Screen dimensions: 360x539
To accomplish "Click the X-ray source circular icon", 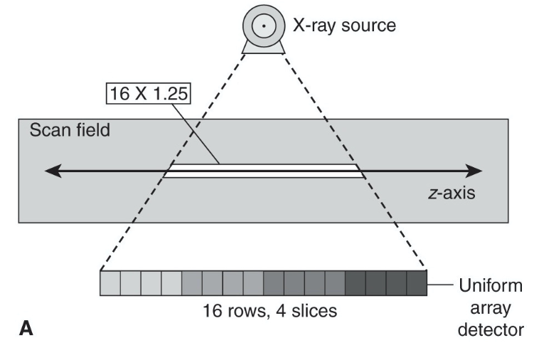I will tap(263, 26).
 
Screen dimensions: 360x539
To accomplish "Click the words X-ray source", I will tap(344, 26).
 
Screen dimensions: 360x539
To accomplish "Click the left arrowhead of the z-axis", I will tap(50, 171).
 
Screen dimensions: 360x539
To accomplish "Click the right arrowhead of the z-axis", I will tap(476, 171).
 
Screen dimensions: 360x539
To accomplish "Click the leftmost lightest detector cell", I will tap(110, 284).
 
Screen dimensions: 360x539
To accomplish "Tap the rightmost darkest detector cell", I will tap(417, 284).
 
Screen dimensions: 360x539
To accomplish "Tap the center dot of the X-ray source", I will tap(263, 26).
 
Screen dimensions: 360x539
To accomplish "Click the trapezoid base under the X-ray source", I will tap(263, 47).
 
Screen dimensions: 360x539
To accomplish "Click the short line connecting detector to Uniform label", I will tap(439, 285).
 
